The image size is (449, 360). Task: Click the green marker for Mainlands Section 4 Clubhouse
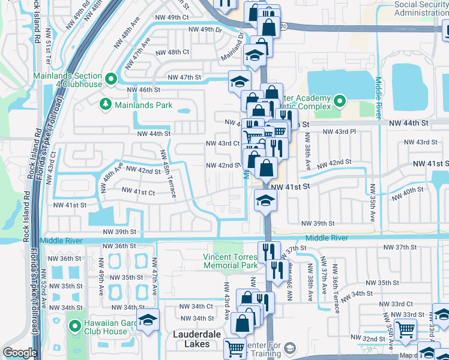pos(111,79)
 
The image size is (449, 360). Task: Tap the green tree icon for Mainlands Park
pos(106,105)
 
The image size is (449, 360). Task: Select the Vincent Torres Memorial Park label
pos(231,261)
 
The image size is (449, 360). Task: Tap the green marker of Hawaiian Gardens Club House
pos(75,327)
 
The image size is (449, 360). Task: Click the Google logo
pos(20,353)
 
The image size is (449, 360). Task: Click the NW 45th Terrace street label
pos(167,174)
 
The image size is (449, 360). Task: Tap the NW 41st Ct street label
pos(138,191)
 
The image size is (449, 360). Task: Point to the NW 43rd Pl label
pos(339,131)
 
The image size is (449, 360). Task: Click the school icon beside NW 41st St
pos(265,201)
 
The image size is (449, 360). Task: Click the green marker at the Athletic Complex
pos(339,100)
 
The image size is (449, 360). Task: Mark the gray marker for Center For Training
pos(290,348)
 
